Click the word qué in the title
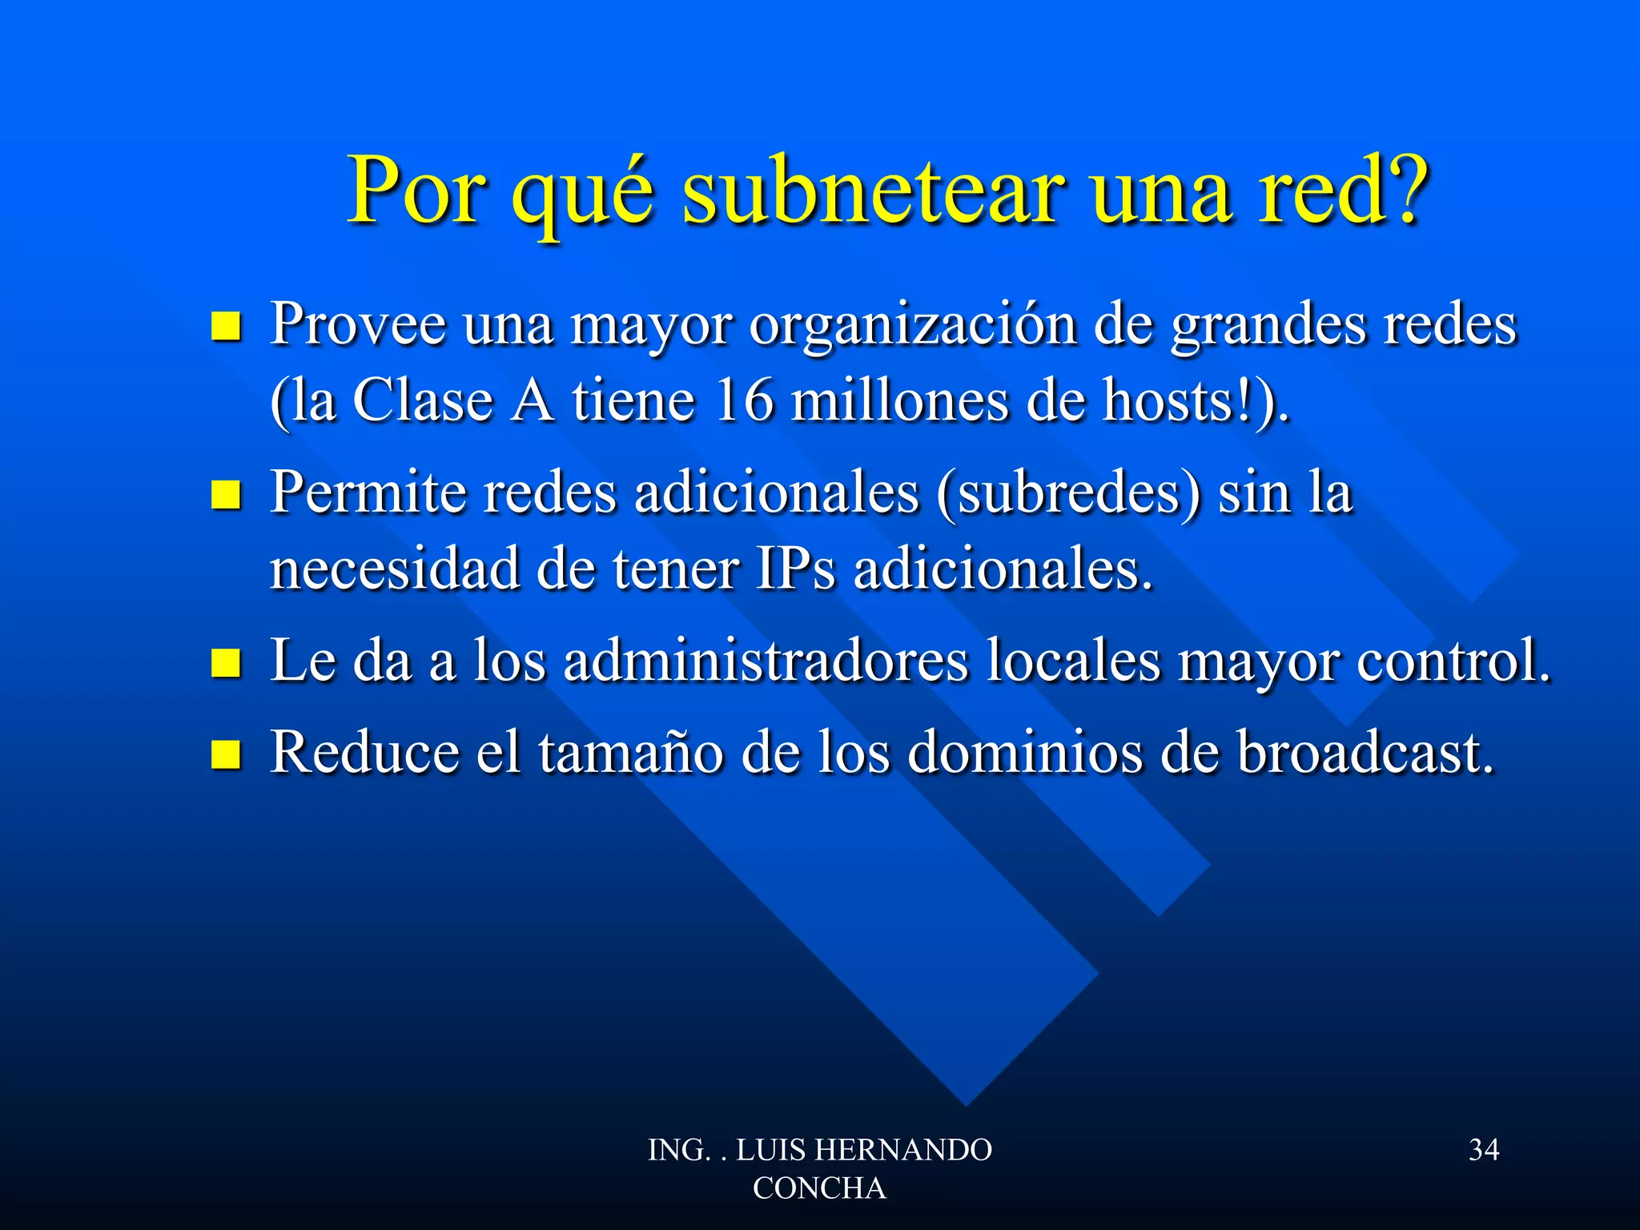pos(583,196)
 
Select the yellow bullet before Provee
pos(226,327)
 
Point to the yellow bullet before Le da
pos(226,663)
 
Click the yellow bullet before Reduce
pos(226,754)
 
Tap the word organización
pos(913,327)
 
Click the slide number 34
pos(1484,1150)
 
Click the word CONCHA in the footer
pos(819,1188)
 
